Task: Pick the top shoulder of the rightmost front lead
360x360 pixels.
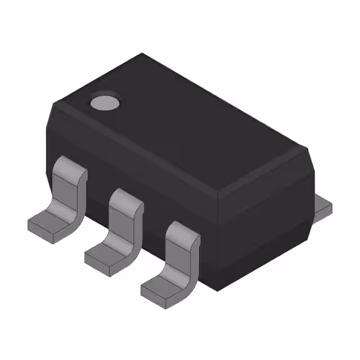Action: point(183,230)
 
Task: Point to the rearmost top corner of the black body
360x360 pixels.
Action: point(142,54)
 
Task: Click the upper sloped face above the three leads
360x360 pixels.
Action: point(135,163)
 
